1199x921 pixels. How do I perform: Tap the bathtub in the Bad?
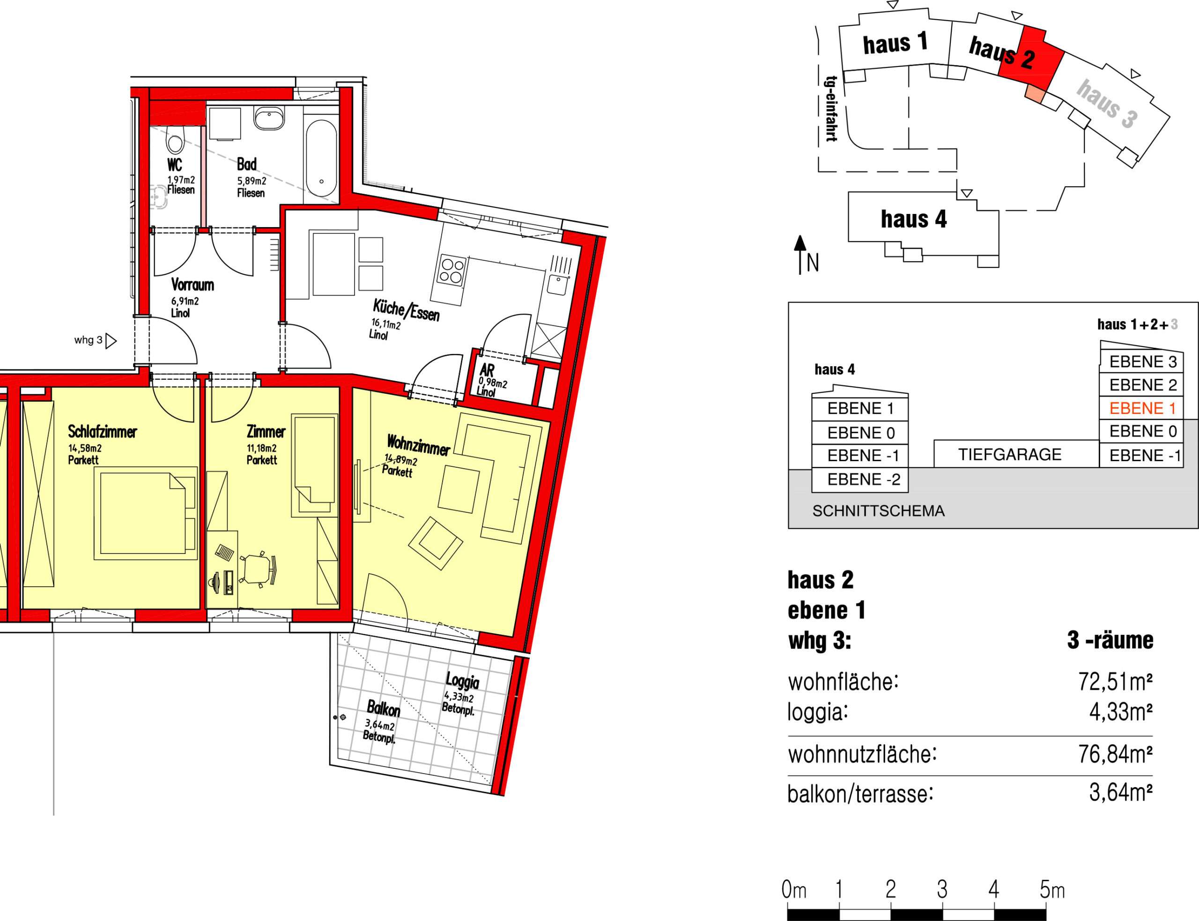(321, 157)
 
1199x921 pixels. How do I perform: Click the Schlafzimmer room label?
(103, 432)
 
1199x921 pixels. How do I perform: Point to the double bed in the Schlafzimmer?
(145, 513)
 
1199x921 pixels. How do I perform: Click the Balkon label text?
(383, 709)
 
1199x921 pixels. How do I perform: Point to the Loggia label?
(462, 681)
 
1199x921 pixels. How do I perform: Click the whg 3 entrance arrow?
(111, 341)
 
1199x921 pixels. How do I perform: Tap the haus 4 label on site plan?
(914, 219)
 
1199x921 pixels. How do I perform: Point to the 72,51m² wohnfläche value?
(1115, 682)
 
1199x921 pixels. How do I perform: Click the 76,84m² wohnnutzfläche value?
(1115, 754)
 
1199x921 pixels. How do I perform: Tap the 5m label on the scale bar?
(1052, 890)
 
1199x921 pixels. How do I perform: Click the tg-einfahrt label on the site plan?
(832, 109)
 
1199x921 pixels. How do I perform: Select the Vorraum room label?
(192, 285)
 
